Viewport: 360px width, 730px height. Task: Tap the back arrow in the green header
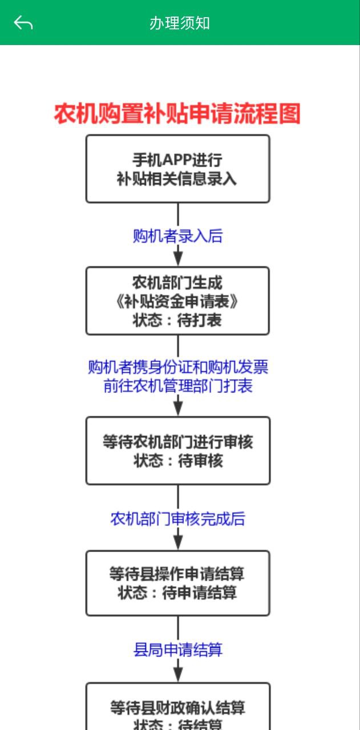23,23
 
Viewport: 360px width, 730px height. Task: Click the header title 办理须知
180,23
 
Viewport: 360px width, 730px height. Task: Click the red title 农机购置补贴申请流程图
177,114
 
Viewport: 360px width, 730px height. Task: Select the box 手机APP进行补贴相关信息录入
177,169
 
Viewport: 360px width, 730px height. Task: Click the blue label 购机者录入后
177,236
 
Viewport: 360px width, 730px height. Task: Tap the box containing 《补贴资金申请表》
177,301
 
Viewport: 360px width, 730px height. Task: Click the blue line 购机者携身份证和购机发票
177,367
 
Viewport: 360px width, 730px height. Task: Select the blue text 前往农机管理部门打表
177,386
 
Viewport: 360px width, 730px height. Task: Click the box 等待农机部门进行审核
177,443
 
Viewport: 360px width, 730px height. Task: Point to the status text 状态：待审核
177,461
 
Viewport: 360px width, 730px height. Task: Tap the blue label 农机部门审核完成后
177,519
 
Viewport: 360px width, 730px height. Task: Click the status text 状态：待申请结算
177,593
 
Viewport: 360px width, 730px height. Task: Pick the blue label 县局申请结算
177,650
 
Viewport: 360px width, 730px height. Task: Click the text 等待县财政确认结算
177,708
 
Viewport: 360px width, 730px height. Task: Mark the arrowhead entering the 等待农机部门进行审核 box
178,409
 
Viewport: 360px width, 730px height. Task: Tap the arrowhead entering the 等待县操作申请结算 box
178,544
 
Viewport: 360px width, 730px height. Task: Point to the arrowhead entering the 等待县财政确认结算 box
178,676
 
